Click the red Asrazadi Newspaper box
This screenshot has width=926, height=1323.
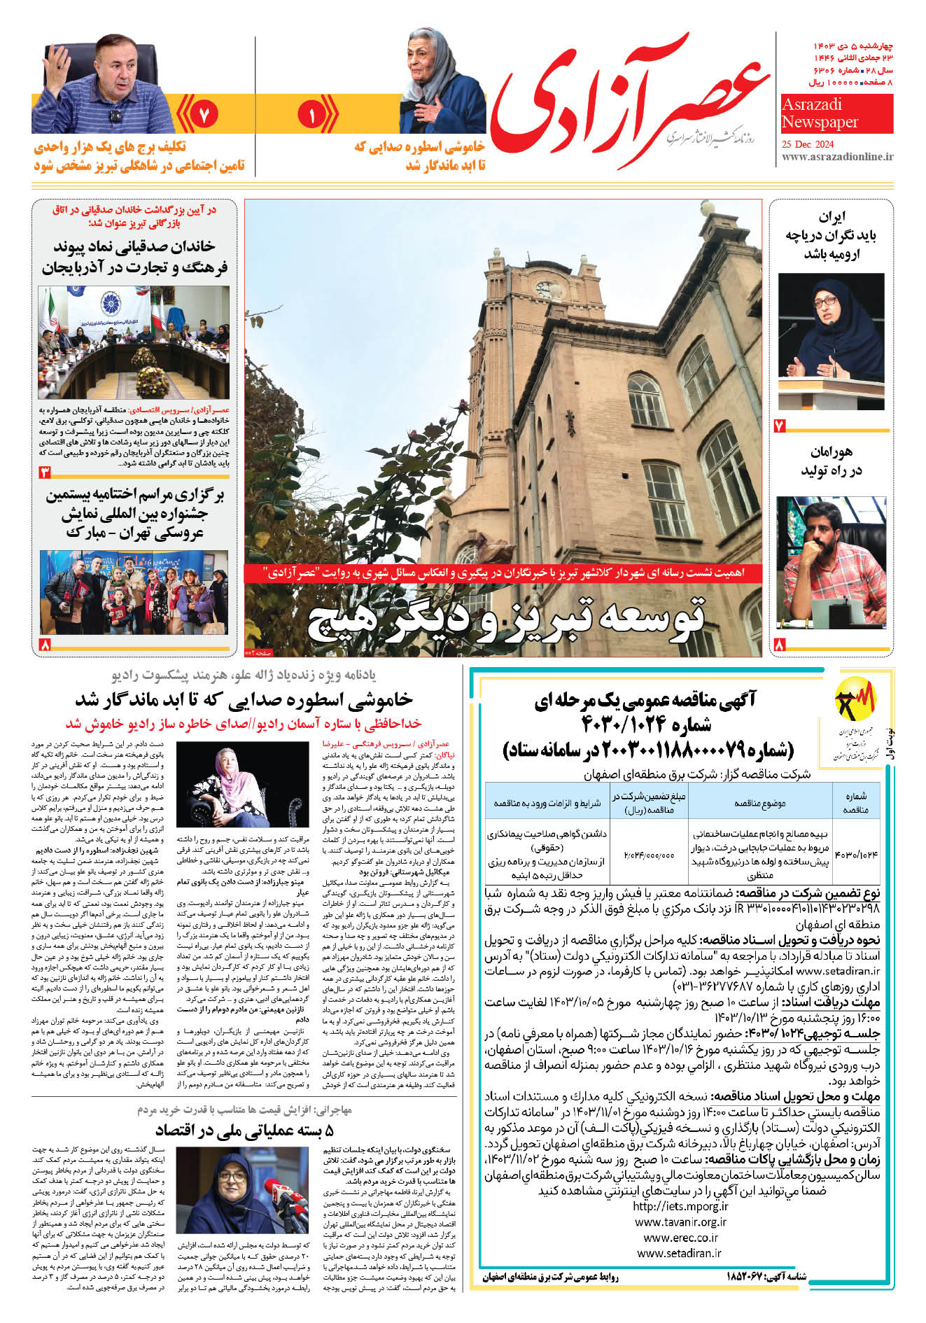pyautogui.click(x=837, y=113)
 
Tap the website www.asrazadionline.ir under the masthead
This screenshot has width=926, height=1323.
pyautogui.click(x=837, y=157)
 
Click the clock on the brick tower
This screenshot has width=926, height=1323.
pyautogui.click(x=544, y=288)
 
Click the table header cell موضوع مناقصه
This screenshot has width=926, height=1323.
pyautogui.click(x=759, y=803)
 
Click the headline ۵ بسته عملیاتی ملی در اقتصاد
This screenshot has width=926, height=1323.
pyautogui.click(x=244, y=1131)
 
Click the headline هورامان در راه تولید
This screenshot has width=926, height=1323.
pyautogui.click(x=832, y=461)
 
